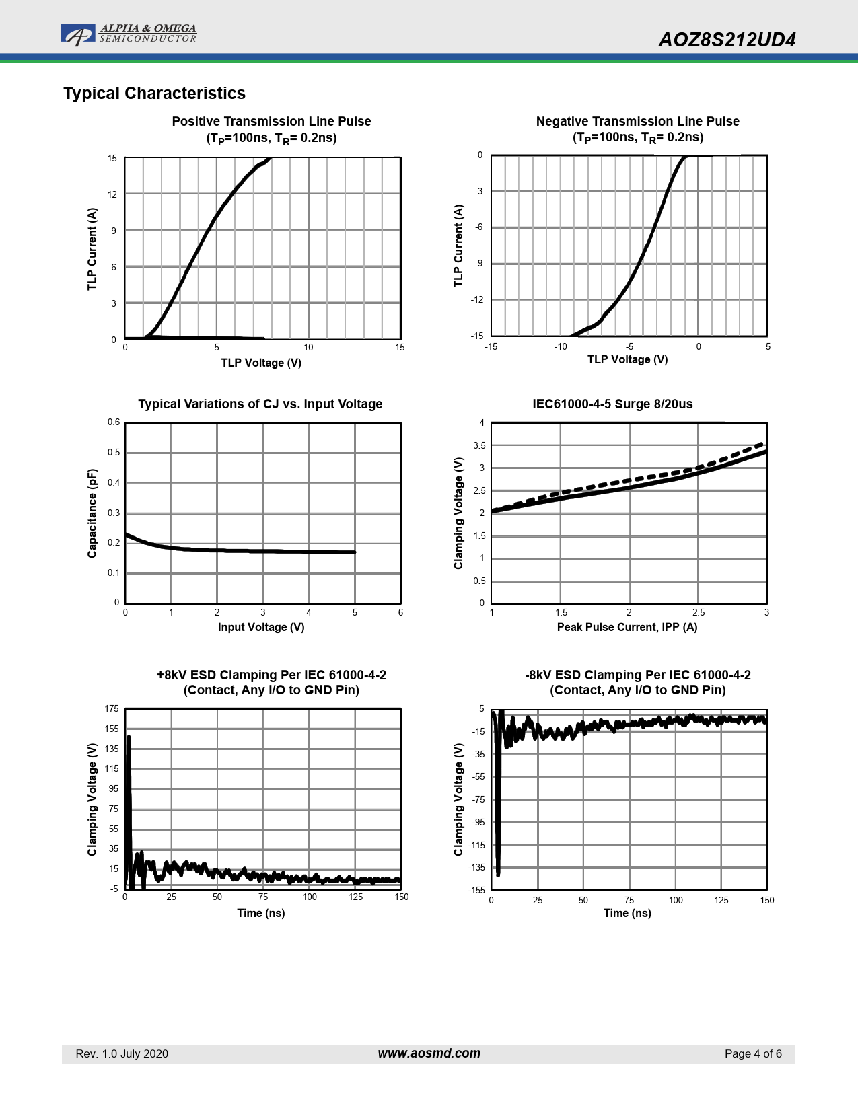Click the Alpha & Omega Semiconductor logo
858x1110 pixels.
pos(128,34)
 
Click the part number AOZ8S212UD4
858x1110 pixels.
pos(727,40)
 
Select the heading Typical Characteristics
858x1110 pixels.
pos(154,94)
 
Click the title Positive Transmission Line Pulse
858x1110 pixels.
pos(271,122)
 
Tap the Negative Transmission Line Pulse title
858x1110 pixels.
pos(637,122)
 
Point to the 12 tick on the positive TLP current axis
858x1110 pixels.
pos(112,194)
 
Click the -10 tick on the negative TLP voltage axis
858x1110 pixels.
pos(561,347)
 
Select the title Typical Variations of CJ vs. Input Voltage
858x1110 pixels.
pos(260,404)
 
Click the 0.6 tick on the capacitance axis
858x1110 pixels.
pos(114,422)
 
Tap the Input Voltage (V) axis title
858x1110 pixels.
pos(261,628)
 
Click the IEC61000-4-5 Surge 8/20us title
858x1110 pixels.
pos(612,404)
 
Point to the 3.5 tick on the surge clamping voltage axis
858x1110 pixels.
pos(479,446)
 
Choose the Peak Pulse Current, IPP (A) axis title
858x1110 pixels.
pos(627,628)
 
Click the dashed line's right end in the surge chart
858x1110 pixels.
pos(762,444)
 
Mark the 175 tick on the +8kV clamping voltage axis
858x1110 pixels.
pos(112,709)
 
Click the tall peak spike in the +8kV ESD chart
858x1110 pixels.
pos(129,739)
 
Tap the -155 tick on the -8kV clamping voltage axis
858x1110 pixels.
pos(477,890)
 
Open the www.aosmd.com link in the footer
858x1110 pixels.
pos(429,1053)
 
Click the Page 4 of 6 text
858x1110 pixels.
pos(753,1054)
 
